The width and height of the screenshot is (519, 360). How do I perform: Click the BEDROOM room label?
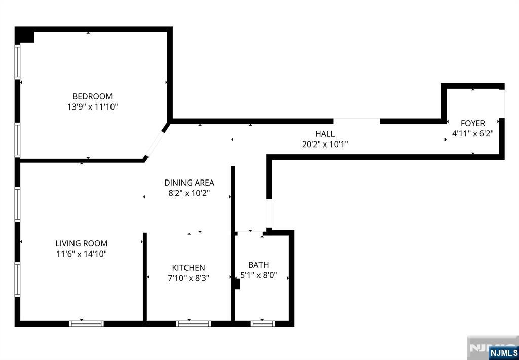pos(92,96)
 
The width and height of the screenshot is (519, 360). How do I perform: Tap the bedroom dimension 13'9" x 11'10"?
pos(93,107)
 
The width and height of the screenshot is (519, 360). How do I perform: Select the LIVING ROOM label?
pos(82,243)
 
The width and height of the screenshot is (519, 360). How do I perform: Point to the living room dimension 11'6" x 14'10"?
pos(82,254)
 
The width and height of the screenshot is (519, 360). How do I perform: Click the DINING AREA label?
pos(190,183)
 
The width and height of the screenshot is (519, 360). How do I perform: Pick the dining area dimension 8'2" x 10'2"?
pos(190,193)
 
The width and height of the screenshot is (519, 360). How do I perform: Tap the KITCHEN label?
pos(189,268)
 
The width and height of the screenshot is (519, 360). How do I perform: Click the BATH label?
pos(258,265)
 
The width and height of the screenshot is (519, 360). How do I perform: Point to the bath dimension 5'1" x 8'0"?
pos(258,275)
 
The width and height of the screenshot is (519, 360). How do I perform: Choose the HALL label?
pos(325,134)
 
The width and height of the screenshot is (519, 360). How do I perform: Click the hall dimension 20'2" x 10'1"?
pos(325,145)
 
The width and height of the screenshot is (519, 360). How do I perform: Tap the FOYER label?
pos(473,123)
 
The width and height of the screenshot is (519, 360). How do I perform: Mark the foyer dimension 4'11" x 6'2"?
pos(473,134)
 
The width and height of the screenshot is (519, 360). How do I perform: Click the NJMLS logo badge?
pos(503,353)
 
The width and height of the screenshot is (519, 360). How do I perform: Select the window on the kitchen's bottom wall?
pos(194,323)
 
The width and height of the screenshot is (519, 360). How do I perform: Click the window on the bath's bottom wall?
pos(263,323)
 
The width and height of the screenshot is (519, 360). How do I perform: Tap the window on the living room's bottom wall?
pos(86,323)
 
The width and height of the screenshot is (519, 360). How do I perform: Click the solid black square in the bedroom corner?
pos(24,35)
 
